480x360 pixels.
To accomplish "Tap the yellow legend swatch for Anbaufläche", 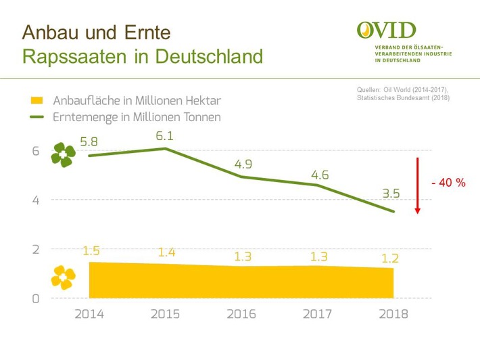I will [38, 101].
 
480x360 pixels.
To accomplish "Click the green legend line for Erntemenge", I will [38, 117].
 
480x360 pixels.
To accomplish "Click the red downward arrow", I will [418, 186].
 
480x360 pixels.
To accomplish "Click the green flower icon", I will [64, 155].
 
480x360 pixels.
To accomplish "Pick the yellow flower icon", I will [64, 277].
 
